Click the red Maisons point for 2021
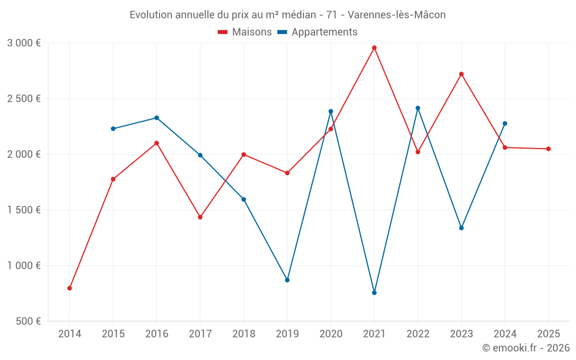374,48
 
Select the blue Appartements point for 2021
374,293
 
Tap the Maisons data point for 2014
70,288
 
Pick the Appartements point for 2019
287,280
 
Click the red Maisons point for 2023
461,74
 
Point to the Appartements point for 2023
461,228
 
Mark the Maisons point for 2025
548,149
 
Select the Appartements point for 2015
113,128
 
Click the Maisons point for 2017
200,217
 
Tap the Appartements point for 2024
505,123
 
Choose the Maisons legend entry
245,32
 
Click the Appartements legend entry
317,32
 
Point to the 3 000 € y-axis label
24,43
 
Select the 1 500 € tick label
24,210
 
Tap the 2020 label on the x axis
331,334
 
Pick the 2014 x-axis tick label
70,334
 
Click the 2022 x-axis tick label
418,334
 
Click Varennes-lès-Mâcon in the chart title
399,15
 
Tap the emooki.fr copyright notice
525,348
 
